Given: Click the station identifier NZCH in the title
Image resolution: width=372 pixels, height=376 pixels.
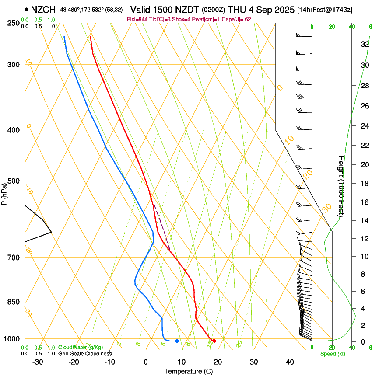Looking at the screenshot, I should [x=43, y=9].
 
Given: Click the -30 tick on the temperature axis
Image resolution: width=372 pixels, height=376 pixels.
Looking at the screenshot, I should [x=38, y=362].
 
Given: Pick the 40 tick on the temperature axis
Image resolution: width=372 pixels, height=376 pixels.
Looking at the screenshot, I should [x=289, y=362].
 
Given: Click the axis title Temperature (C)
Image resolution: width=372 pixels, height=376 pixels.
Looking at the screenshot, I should [x=188, y=372].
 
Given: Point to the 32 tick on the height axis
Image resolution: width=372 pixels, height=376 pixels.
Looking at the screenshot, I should [x=363, y=44].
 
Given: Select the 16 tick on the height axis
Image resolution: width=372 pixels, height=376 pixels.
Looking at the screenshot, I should [x=363, y=202].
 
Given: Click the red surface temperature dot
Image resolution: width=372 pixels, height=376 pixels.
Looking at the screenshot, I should [x=214, y=341].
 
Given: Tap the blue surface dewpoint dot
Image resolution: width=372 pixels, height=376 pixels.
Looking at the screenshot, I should [x=177, y=341].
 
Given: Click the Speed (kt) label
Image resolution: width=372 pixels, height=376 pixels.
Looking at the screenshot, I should [x=332, y=354].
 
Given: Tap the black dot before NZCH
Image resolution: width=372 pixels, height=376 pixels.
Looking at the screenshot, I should [x=27, y=9].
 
